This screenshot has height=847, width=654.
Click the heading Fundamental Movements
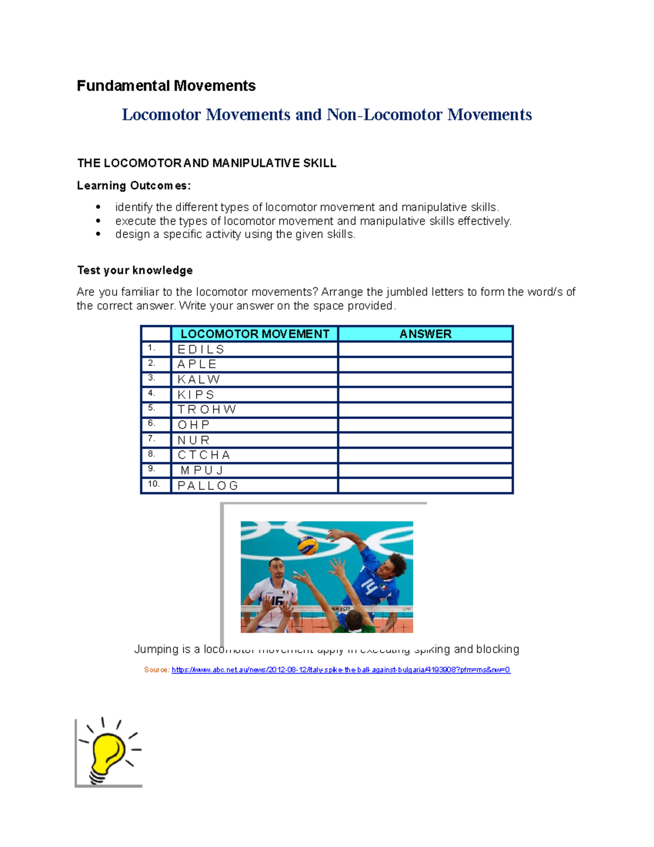pyautogui.click(x=166, y=86)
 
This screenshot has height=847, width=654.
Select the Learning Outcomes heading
pyautogui.click(x=134, y=185)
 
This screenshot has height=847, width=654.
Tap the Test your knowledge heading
pyautogui.click(x=135, y=271)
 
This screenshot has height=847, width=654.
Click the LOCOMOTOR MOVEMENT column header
pyautogui.click(x=255, y=334)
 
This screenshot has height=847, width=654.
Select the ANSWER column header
pyautogui.click(x=425, y=334)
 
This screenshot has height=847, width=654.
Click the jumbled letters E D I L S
pyautogui.click(x=201, y=349)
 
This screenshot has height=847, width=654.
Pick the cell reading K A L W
pyautogui.click(x=199, y=380)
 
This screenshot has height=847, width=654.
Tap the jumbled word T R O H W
pyautogui.click(x=207, y=410)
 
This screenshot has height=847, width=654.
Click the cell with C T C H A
pyautogui.click(x=204, y=455)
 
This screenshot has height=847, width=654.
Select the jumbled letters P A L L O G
pyautogui.click(x=208, y=485)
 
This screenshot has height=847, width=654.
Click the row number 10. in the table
pyautogui.click(x=154, y=484)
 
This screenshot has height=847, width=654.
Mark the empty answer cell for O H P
pyautogui.click(x=425, y=425)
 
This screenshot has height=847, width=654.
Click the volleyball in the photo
pyautogui.click(x=307, y=545)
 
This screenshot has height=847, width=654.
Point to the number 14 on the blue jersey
pyautogui.click(x=369, y=587)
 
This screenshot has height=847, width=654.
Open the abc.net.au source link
pyautogui.click(x=341, y=670)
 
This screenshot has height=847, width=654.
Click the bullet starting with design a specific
pyautogui.click(x=235, y=235)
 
